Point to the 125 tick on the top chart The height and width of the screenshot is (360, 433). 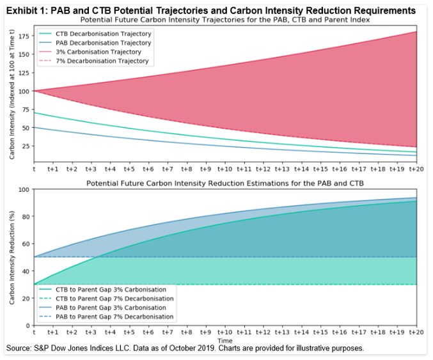(25, 72)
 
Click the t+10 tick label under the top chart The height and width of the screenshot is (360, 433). (224, 169)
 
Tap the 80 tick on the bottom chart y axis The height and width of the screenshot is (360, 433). (26, 217)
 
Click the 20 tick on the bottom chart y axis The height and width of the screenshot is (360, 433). (26, 298)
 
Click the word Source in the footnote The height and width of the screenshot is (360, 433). (20, 348)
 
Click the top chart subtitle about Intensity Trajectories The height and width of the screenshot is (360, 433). (224, 20)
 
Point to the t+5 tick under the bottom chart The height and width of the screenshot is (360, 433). (129, 332)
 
